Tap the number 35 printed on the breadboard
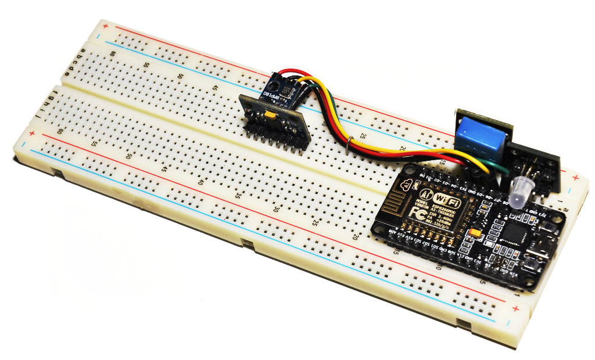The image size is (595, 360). [x=238, y=196]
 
